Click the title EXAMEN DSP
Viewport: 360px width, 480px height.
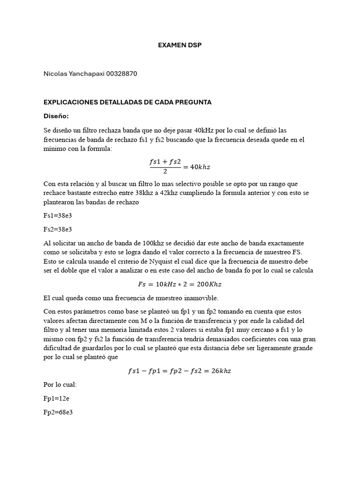pyautogui.click(x=180, y=45)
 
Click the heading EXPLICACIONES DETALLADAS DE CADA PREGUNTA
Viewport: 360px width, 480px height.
pyautogui.click(x=127, y=102)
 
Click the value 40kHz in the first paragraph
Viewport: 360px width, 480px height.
pyautogui.click(x=203, y=130)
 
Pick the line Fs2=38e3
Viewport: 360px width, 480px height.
pyautogui.click(x=57, y=229)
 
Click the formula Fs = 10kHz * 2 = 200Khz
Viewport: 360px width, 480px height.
pyautogui.click(x=180, y=284)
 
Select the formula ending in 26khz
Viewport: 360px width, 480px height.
pyautogui.click(x=180, y=371)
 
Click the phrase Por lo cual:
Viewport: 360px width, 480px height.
pyautogui.click(x=60, y=384)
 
